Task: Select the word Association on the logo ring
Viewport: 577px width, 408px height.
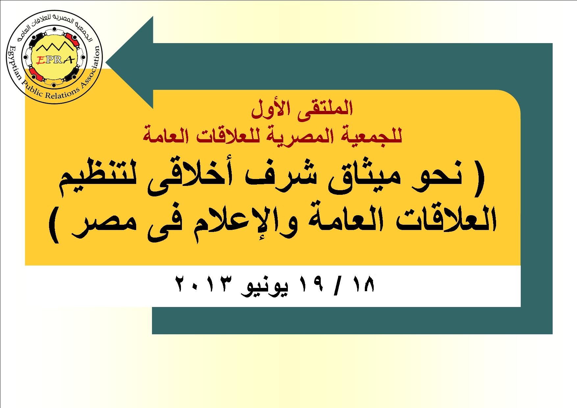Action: click(x=90, y=71)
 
